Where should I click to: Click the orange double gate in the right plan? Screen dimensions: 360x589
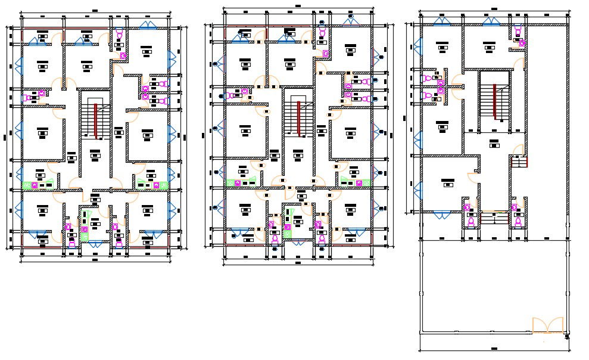point(547,325)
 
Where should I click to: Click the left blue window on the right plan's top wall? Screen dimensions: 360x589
point(442,21)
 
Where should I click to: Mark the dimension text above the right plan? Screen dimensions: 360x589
point(494,10)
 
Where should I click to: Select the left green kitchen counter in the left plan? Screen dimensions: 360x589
point(36,185)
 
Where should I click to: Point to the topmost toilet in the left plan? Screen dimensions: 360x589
point(119,35)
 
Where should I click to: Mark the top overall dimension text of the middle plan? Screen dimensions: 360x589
point(297,6)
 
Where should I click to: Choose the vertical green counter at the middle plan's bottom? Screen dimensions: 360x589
point(288,223)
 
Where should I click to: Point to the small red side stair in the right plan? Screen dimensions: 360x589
point(519,162)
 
